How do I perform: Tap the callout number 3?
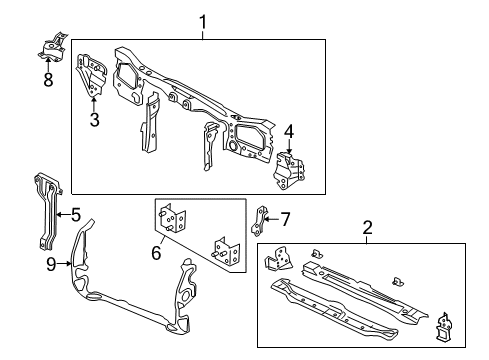pyautogui.click(x=95, y=122)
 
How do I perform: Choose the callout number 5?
pyautogui.click(x=75, y=213)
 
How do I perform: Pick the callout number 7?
pyautogui.click(x=284, y=219)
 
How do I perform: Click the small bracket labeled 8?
pyautogui.click(x=53, y=47)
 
